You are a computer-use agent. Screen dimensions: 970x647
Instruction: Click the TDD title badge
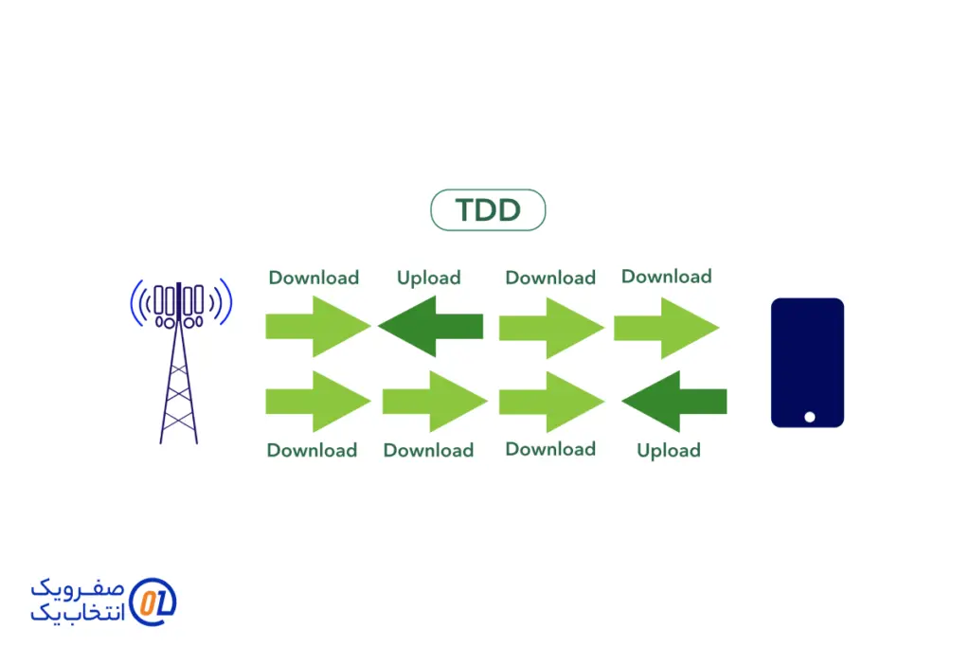[488, 209]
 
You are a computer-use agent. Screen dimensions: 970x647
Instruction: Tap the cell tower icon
[179, 362]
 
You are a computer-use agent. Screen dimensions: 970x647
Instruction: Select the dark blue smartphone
[807, 363]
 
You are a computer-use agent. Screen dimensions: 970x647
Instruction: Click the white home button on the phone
[809, 417]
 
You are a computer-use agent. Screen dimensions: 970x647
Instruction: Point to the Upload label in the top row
[429, 278]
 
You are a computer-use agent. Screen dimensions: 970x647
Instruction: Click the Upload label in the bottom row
[669, 450]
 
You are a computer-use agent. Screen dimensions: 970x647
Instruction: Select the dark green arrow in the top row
[431, 326]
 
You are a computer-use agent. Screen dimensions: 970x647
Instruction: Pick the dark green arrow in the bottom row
[674, 402]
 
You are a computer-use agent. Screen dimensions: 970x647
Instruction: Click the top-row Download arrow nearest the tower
[318, 326]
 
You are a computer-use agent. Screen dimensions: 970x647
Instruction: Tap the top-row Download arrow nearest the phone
[666, 328]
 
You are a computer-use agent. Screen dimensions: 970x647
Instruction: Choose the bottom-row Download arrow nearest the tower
[318, 402]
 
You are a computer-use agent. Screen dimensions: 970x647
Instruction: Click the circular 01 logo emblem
[153, 602]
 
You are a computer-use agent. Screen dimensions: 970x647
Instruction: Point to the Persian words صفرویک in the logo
[78, 588]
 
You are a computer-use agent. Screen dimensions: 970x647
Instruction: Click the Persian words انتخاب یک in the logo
[78, 612]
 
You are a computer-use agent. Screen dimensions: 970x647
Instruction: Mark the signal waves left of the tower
[141, 302]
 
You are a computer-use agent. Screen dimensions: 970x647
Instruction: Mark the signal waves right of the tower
[220, 302]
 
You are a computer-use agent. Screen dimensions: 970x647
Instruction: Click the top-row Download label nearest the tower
[314, 278]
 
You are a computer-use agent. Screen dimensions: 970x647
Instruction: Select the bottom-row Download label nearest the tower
[312, 450]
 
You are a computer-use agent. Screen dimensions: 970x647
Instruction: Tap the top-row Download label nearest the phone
[666, 276]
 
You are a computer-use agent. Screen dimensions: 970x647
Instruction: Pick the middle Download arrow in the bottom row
[435, 402]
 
